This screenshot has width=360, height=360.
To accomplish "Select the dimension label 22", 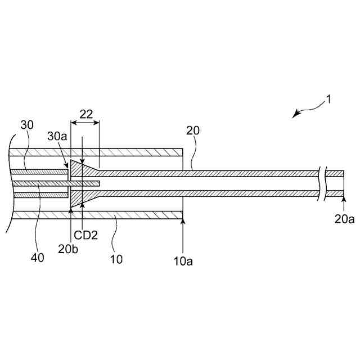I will [85, 113].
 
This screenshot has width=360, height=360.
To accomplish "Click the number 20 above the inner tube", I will [192, 130].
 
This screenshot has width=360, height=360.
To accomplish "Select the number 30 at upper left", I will [27, 124].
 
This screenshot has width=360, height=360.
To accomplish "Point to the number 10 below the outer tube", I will [116, 259].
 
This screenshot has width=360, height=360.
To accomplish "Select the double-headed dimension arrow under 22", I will [84, 123].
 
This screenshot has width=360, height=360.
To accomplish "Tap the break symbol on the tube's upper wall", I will [322, 173].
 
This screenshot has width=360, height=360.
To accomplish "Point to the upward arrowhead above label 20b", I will [70, 211].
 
